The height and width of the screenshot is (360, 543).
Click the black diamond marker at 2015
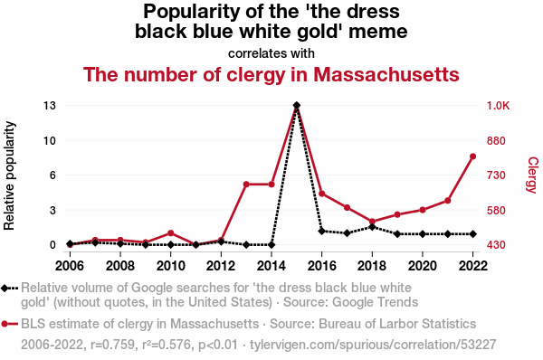point(297,105)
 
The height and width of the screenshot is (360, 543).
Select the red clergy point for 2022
point(472,156)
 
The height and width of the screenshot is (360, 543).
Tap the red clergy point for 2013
point(246,185)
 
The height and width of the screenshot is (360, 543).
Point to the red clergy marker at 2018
point(372,222)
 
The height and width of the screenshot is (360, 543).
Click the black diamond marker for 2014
point(271,245)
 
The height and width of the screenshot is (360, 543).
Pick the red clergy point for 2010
point(170,233)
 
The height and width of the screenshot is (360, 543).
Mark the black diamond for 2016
point(321,231)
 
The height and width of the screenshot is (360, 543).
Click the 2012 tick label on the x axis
point(221,266)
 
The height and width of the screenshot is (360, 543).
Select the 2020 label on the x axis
point(423,266)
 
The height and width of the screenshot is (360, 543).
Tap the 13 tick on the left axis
point(50,105)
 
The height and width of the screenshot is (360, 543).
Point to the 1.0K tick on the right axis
point(499,105)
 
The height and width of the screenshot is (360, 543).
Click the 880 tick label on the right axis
point(496,140)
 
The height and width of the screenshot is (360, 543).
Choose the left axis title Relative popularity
point(9,175)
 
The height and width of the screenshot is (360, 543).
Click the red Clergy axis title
point(532,175)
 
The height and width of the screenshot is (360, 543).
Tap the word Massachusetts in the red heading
point(386,74)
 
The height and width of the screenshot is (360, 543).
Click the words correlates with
point(271,53)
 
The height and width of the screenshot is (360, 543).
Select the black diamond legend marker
point(5,288)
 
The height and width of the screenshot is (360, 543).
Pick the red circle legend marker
point(5,324)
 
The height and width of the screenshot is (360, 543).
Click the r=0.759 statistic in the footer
point(112,345)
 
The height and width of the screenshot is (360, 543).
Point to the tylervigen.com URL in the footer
point(373,345)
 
